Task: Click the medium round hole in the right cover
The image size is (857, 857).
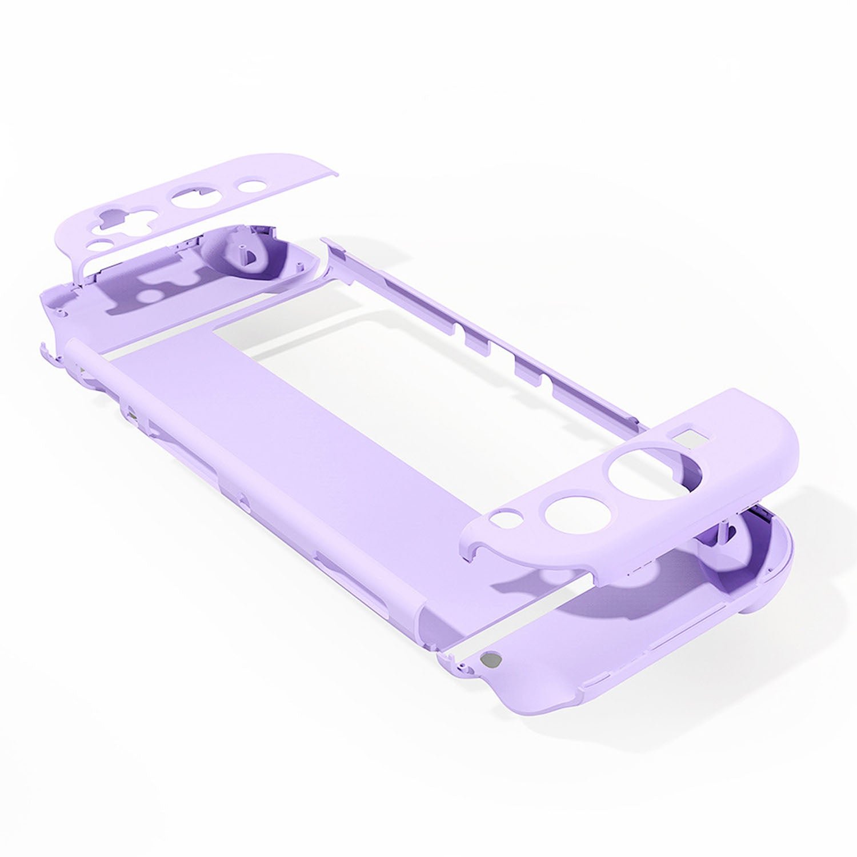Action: click(x=565, y=512)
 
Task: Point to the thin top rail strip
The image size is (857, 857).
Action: click(x=486, y=331)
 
